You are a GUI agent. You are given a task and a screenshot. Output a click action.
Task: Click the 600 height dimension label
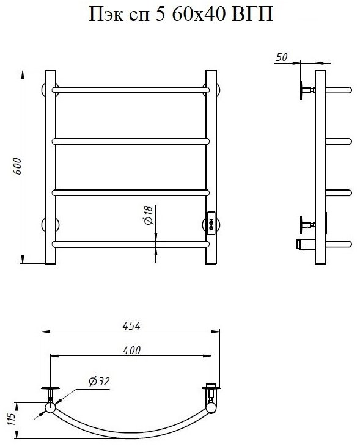pos(17,166)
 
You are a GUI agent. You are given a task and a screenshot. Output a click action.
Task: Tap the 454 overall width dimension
pos(131,326)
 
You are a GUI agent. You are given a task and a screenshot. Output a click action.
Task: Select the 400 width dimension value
pos(131,351)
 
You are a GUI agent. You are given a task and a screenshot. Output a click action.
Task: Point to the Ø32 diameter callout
pos(99,381)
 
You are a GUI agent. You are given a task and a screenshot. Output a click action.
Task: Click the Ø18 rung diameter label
pos(149,215)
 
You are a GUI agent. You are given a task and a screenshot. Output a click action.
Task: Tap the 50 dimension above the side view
pos(282,57)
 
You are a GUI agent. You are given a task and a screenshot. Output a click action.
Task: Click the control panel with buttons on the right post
pos(211,223)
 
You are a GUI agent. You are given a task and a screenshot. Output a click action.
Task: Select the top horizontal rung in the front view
pos(131,90)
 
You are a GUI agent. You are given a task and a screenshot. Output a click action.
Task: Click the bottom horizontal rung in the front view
pos(131,244)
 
